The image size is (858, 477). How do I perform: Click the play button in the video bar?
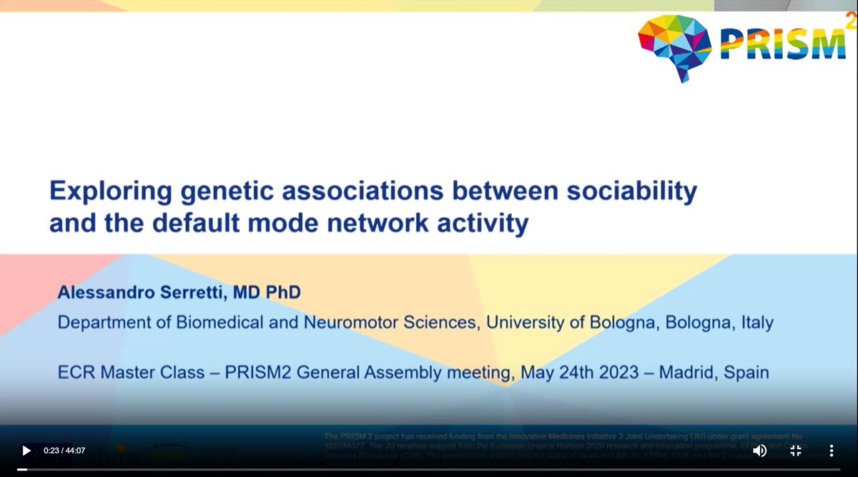point(26,451)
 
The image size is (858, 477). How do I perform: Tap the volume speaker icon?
point(760,451)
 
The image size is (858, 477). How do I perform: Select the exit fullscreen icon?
point(795,451)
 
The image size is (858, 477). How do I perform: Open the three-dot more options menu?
point(831,451)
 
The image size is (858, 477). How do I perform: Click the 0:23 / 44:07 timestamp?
point(64,451)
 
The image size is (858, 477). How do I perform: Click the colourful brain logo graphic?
point(674,46)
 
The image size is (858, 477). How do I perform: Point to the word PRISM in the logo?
point(781,44)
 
